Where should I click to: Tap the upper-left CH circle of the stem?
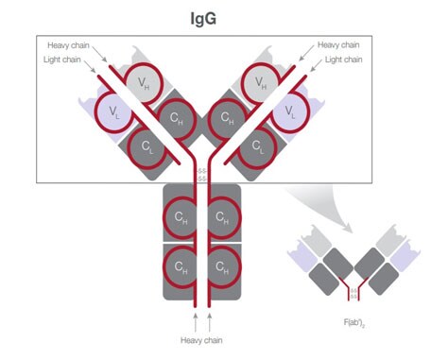coord(181,217)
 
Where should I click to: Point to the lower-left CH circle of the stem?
coord(181,266)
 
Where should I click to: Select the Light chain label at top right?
coord(346,59)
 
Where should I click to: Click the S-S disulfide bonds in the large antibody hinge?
coord(201,175)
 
